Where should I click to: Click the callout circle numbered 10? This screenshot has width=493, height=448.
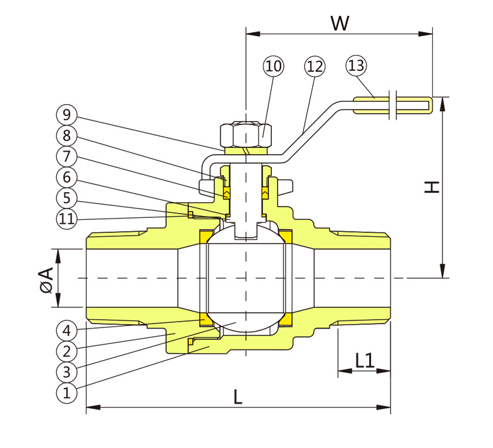(274, 66)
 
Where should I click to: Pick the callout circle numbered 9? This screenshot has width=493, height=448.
(66, 115)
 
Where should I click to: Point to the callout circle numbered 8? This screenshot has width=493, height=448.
(66, 135)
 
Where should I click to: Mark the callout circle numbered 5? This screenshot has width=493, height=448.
(66, 197)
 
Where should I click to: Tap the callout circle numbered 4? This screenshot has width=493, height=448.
(66, 330)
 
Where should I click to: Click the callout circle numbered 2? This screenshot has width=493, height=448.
(66, 350)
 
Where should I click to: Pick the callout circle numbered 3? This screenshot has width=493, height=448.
(66, 371)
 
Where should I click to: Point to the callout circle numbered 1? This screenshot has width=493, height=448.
(66, 392)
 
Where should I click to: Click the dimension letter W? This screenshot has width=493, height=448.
(340, 23)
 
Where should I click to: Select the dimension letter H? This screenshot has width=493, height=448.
(432, 187)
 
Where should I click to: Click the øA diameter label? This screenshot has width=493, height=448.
(46, 279)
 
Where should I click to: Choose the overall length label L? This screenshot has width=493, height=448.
(238, 397)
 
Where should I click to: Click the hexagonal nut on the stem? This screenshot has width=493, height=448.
(245, 134)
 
